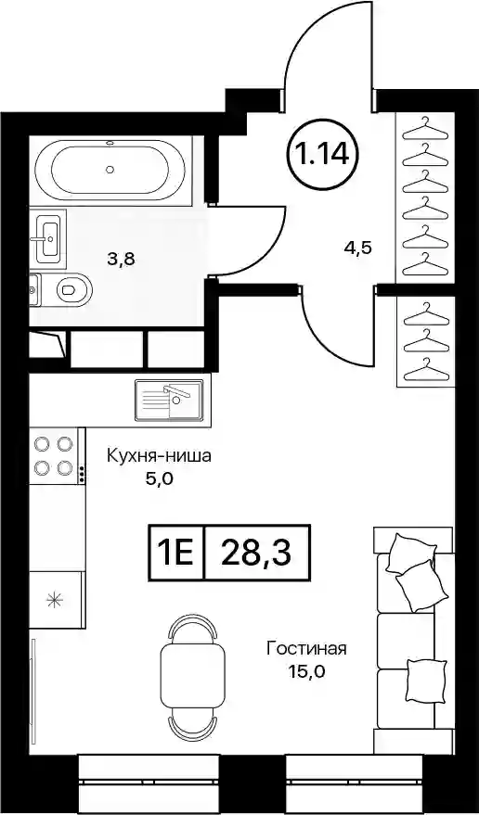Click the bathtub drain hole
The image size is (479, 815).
(x=110, y=169)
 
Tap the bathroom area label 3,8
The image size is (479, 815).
(x=121, y=259)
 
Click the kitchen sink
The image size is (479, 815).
(x=169, y=400)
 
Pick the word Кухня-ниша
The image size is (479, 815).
(x=159, y=457)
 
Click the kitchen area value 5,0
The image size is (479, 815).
(x=159, y=478)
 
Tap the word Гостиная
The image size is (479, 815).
(x=306, y=650)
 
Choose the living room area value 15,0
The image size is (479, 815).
(x=307, y=671)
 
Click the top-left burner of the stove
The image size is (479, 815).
(x=42, y=444)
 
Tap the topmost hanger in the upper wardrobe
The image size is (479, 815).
(x=425, y=128)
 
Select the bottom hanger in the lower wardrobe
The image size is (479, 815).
(x=425, y=368)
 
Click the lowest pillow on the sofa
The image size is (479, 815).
(x=426, y=678)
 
